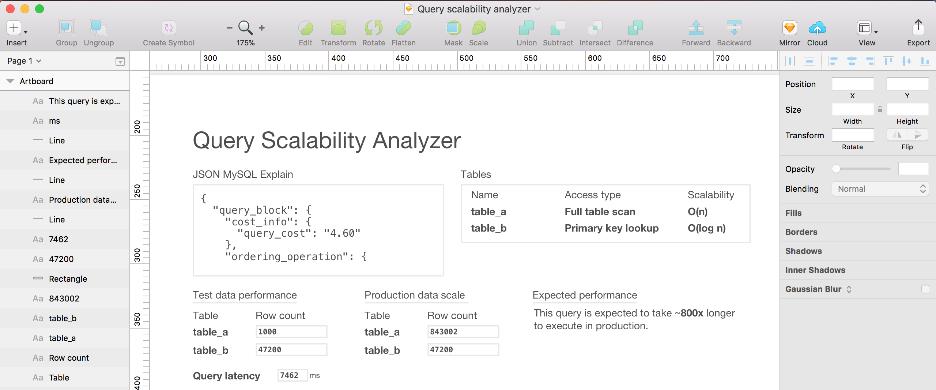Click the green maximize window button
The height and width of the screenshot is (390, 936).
pyautogui.click(x=39, y=9)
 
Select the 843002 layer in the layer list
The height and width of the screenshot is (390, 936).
pyautogui.click(x=64, y=299)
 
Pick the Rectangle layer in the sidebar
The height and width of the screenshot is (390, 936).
pyautogui.click(x=68, y=279)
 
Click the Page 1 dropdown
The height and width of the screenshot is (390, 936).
pyautogui.click(x=24, y=61)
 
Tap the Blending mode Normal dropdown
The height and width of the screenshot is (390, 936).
pyautogui.click(x=880, y=189)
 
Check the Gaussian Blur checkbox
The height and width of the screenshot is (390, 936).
pyautogui.click(x=925, y=289)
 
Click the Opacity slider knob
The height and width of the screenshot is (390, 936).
pyautogui.click(x=836, y=169)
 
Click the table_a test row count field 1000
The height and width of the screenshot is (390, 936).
pyautogui.click(x=291, y=332)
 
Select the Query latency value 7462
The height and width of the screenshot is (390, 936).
pyautogui.click(x=292, y=375)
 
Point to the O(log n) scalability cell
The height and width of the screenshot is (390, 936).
pyautogui.click(x=706, y=228)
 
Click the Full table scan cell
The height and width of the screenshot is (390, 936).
pyautogui.click(x=600, y=212)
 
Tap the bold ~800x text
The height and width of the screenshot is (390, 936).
pyautogui.click(x=689, y=313)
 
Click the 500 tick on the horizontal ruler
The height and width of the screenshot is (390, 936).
pyautogui.click(x=466, y=59)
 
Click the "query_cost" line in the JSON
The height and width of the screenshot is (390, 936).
pyautogui.click(x=299, y=233)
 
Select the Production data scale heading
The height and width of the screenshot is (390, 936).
pyautogui.click(x=415, y=295)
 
